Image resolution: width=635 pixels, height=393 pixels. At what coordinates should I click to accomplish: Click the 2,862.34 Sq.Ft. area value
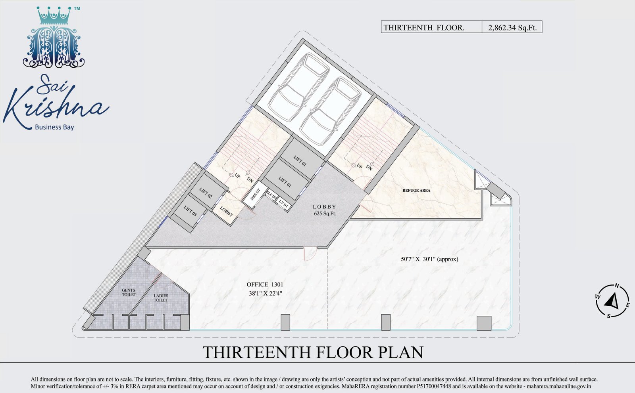pyautogui.click(x=512, y=28)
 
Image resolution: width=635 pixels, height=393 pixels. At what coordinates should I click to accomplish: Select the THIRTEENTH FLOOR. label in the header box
pyautogui.click(x=424, y=28)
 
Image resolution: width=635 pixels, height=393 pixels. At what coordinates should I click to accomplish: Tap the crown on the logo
pyautogui.click(x=53, y=16)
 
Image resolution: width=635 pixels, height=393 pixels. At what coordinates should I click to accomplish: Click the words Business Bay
pyautogui.click(x=54, y=127)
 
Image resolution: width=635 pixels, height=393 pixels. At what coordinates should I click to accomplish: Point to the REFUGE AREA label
pyautogui.click(x=416, y=191)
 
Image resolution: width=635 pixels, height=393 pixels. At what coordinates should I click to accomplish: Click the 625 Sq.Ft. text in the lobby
pyautogui.click(x=325, y=214)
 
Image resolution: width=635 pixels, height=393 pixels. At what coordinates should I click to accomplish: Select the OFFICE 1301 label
pyautogui.click(x=265, y=284)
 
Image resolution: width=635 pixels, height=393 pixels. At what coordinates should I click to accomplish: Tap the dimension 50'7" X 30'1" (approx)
pyautogui.click(x=429, y=259)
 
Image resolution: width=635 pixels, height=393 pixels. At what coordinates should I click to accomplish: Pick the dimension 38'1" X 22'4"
pyautogui.click(x=266, y=294)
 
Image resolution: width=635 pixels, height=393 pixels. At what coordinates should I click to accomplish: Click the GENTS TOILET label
pyautogui.click(x=129, y=292)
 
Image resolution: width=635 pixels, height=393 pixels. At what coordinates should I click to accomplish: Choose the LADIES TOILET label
pyautogui.click(x=161, y=298)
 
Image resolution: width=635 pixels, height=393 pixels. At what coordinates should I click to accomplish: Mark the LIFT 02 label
pyautogui.click(x=206, y=193)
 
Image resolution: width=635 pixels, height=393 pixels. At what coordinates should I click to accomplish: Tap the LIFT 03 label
pyautogui.click(x=190, y=211)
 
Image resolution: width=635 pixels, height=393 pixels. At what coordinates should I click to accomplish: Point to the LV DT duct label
pyautogui.click(x=283, y=204)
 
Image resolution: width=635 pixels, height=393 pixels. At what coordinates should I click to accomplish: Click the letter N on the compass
pyautogui.click(x=617, y=286)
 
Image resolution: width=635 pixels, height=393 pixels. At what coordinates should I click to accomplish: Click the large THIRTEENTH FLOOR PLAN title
pyautogui.click(x=313, y=352)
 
